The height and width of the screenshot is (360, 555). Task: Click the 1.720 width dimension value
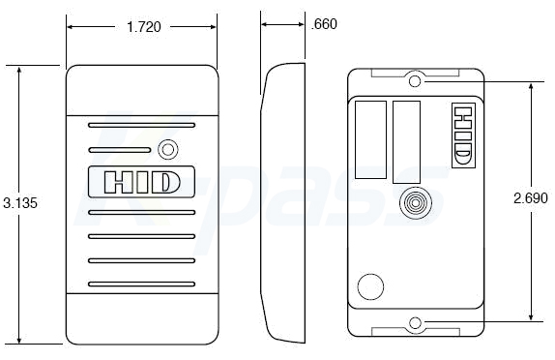pos(144,27)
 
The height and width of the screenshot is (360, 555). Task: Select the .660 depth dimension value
pos(324,24)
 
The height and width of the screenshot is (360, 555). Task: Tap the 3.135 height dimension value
pos(20,203)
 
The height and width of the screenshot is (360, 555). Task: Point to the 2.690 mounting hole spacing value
pos(531,198)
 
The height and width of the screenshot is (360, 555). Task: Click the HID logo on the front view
pos(141,182)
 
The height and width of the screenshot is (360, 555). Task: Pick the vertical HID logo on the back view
pos(463,135)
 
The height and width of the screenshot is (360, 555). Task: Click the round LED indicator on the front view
pos(168,150)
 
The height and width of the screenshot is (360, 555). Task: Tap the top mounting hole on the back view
pos(415,81)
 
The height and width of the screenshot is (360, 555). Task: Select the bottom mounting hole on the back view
pos(415,323)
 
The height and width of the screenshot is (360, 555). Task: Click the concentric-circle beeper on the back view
pos(416,203)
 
